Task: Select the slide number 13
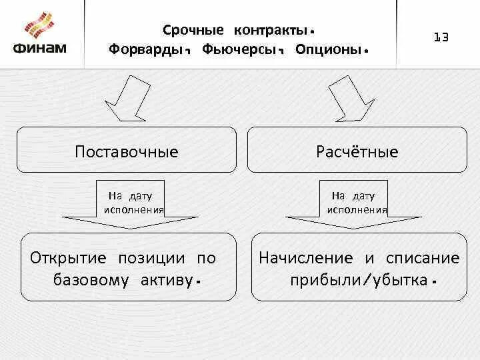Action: click(441, 37)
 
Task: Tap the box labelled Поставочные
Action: click(127, 151)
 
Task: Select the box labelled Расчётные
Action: click(357, 151)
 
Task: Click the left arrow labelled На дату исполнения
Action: click(131, 203)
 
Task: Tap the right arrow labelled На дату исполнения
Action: click(357, 203)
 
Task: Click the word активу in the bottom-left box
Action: click(167, 279)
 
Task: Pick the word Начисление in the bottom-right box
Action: click(306, 258)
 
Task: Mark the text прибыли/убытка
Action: click(359, 279)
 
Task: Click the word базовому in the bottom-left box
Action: click(91, 279)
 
